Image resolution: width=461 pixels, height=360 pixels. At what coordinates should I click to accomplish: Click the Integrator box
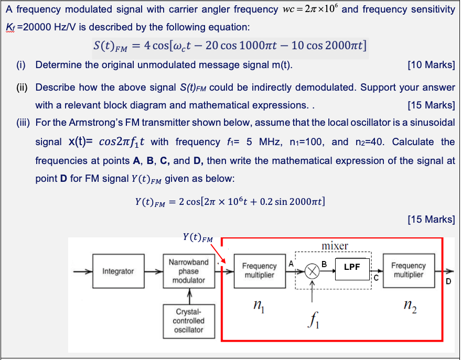[x=118, y=271]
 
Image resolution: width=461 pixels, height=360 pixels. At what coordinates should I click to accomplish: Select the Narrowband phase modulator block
[x=189, y=271]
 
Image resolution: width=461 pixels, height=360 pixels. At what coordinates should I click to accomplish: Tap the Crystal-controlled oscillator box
[x=189, y=320]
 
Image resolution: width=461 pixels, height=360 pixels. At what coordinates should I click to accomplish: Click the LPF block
[x=352, y=267]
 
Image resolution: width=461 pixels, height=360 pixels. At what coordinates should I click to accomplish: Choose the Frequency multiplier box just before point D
[x=409, y=270]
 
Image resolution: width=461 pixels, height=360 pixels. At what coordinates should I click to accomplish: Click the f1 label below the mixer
[x=313, y=318]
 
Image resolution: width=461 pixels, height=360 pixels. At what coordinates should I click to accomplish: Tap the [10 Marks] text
[x=431, y=65]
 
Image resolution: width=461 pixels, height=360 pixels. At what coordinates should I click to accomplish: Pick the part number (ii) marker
[x=20, y=88]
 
